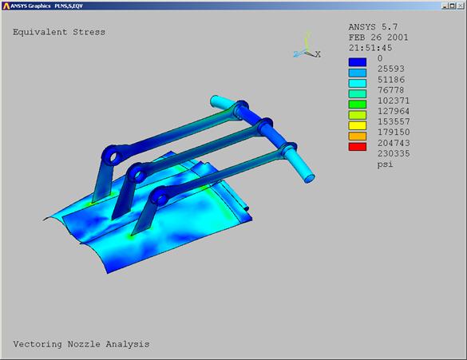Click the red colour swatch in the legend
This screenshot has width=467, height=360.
(358, 147)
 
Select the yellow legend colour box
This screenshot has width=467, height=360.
(358, 125)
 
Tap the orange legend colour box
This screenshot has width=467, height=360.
(358, 136)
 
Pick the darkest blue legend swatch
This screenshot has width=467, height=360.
(358, 62)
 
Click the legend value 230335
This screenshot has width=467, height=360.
(394, 153)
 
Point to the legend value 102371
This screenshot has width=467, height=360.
(394, 101)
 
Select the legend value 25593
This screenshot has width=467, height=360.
(391, 69)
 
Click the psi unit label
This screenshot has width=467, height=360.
(385, 164)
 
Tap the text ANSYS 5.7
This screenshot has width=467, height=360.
(373, 27)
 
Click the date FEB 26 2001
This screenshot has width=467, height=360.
(378, 38)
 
